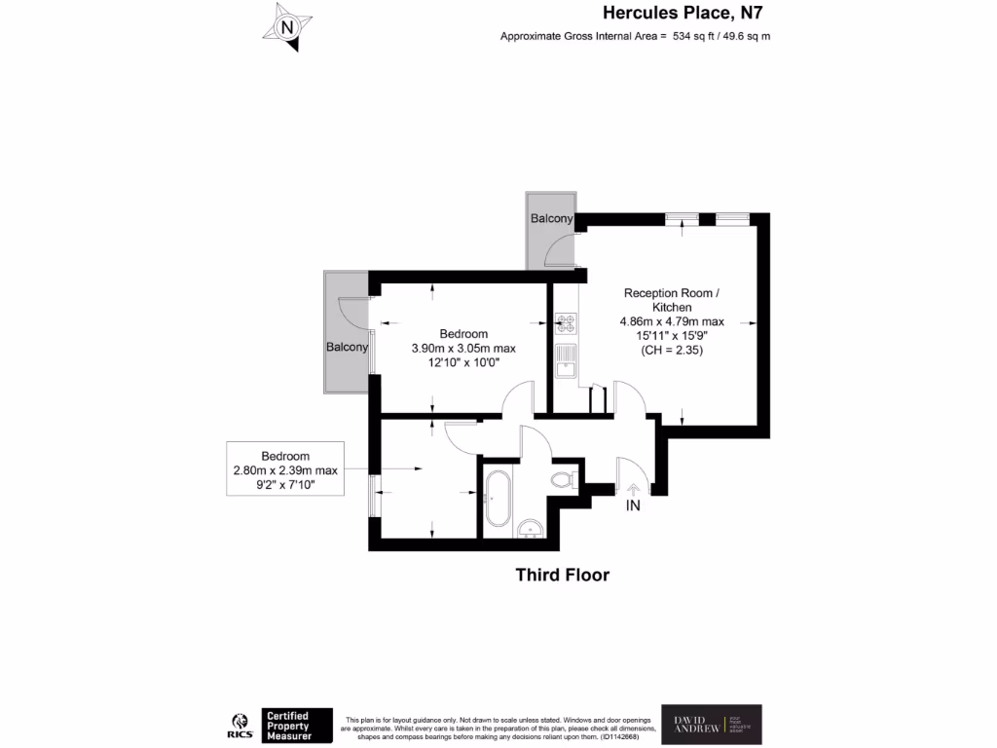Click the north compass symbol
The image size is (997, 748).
click(x=287, y=27)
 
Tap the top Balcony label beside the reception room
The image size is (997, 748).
click(x=551, y=219)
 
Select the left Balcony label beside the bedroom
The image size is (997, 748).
click(x=347, y=347)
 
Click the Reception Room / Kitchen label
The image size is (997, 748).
click(x=672, y=300)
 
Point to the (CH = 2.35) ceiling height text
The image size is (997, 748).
click(x=671, y=350)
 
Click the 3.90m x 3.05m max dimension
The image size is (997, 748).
click(x=463, y=349)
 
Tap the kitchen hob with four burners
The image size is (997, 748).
click(x=566, y=322)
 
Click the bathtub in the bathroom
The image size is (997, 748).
click(x=498, y=499)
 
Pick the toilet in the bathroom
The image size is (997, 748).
click(x=562, y=479)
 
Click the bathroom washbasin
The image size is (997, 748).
click(x=531, y=529)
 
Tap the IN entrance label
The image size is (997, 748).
click(x=633, y=506)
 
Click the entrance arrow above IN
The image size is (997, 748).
click(x=633, y=489)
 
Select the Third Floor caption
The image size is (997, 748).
click(x=562, y=576)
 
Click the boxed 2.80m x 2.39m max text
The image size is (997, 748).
click(x=285, y=470)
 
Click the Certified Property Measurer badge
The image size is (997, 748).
click(x=297, y=726)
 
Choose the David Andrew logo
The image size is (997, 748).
click(x=711, y=725)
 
